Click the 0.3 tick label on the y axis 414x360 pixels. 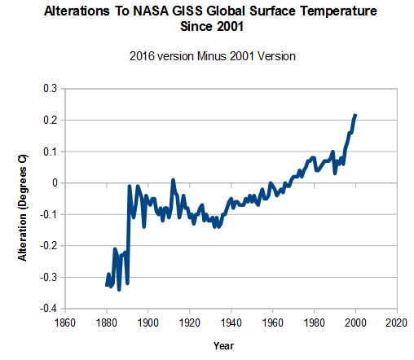coord(50,89)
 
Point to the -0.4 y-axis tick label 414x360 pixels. coord(48,309)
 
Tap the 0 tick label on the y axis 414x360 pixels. coord(55,183)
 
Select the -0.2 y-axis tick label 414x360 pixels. coord(48,246)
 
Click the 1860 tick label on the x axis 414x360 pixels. coord(65,323)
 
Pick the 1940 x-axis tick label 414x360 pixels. coord(231,323)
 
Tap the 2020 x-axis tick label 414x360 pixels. coord(396,323)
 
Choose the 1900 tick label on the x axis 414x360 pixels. coord(148,323)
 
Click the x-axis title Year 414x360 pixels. coord(223,346)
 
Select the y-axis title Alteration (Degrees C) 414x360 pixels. coord(23,208)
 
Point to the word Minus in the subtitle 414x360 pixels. coord(212,56)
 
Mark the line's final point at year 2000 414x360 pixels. coord(355,115)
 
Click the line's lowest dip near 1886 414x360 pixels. coord(119,290)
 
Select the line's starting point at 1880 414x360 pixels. coord(106,285)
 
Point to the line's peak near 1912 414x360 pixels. coord(173,180)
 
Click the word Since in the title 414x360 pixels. coord(196,27)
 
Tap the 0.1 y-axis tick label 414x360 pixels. coord(50,151)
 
